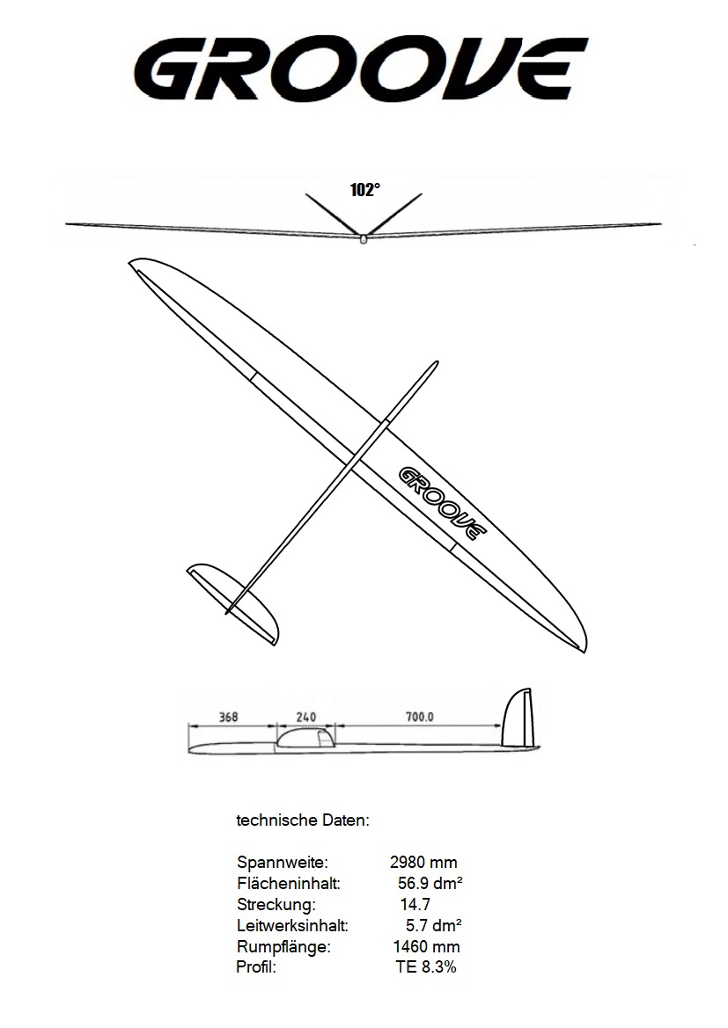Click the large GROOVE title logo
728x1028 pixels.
coord(360,68)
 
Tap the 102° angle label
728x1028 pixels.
coord(365,190)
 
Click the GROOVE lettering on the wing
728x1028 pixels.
coord(443,503)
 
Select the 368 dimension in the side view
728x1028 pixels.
coord(229,717)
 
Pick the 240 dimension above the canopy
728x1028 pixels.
coord(306,717)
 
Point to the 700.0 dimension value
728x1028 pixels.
coord(420,717)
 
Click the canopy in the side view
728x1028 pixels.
coord(306,738)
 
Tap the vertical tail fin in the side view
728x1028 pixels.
coord(518,718)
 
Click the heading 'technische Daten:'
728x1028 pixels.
coord(303,820)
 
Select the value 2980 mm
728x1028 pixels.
coord(423,862)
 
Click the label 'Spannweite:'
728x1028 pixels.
coord(283,862)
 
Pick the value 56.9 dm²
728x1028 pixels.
coord(430,883)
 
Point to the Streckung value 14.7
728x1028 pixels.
coord(415,904)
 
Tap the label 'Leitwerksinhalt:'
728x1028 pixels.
coord(292,926)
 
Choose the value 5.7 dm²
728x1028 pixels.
coord(434,926)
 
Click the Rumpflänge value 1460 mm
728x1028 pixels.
coord(427,947)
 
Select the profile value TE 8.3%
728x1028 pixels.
coord(426,967)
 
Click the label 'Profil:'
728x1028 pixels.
coord(256,967)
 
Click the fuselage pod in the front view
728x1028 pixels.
coord(364,239)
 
